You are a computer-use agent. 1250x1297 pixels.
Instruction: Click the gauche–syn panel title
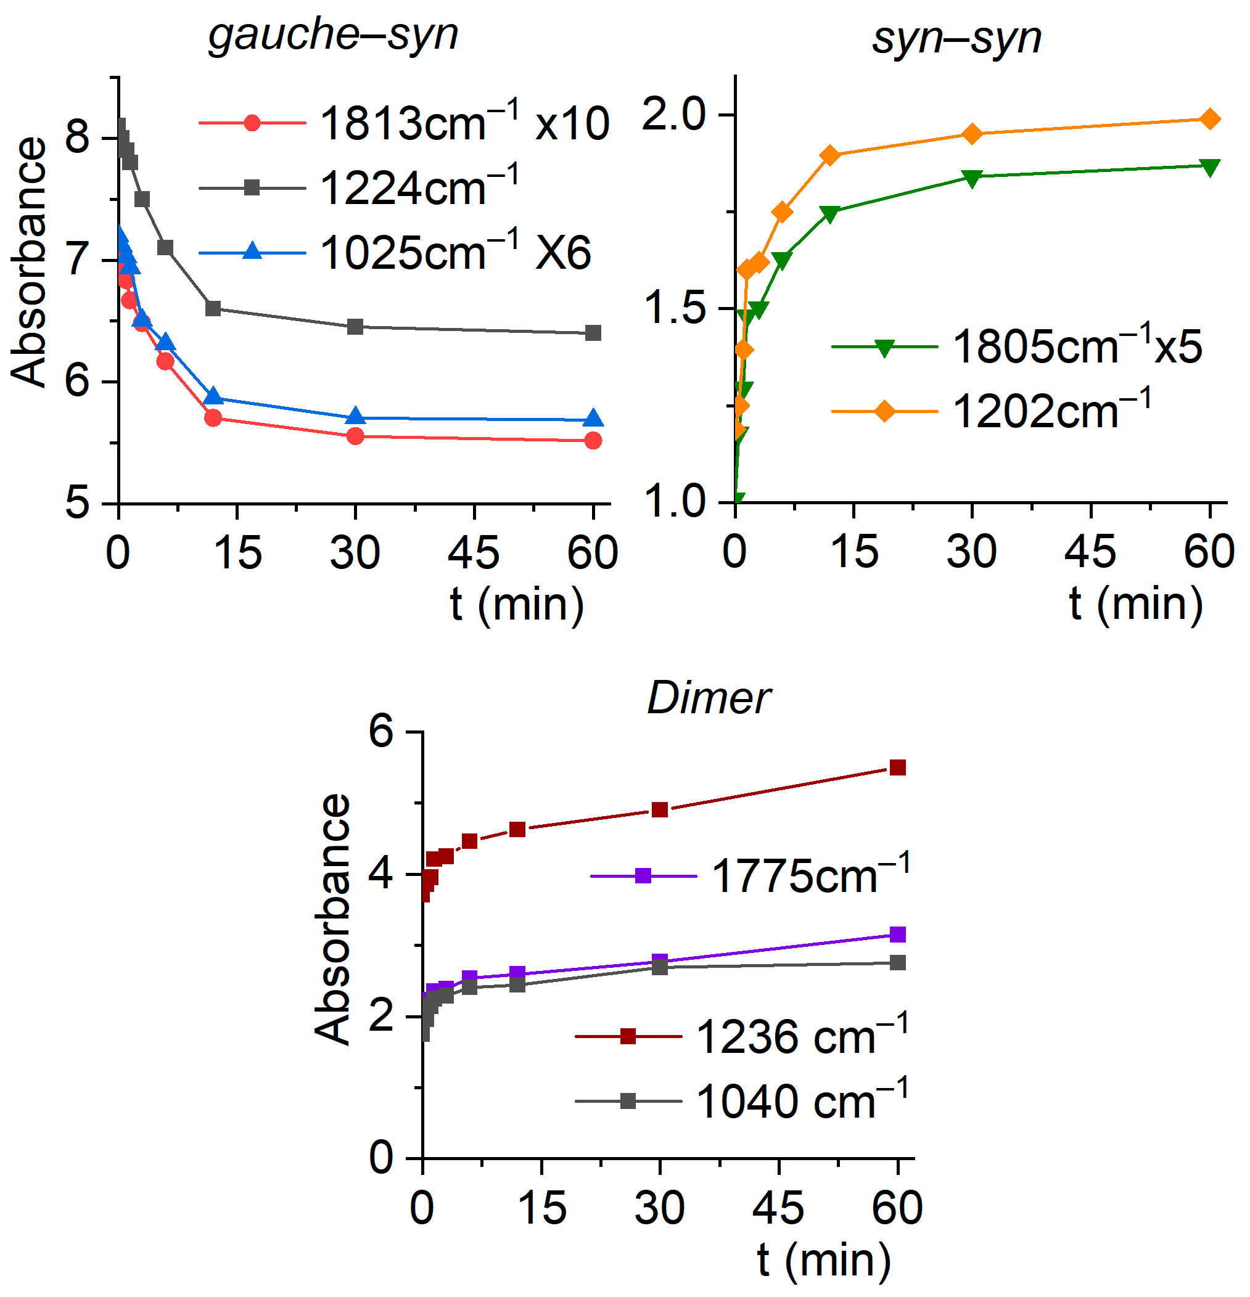tap(333, 35)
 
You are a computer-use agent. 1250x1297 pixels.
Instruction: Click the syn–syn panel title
tap(956, 38)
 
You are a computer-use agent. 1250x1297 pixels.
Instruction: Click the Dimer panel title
tap(709, 698)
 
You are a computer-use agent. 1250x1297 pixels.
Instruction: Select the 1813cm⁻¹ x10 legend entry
tap(404, 123)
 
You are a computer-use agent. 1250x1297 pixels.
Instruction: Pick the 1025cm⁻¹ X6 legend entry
tap(395, 253)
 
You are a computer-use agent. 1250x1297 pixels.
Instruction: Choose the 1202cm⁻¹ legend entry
tap(991, 411)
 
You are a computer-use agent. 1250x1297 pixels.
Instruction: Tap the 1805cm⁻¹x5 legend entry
tap(1016, 346)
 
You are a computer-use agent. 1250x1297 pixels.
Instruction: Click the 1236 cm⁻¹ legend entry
tap(741, 1036)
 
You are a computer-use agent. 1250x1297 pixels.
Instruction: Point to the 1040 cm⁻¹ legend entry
tap(741, 1102)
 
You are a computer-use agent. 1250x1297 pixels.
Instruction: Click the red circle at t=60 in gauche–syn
tap(593, 441)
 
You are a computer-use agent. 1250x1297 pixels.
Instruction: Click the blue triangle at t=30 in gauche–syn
tap(356, 417)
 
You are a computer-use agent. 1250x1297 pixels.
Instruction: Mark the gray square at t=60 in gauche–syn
tap(593, 333)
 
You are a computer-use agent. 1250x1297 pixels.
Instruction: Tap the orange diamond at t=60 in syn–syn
tap(1210, 119)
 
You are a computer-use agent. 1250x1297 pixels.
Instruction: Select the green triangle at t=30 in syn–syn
tap(972, 178)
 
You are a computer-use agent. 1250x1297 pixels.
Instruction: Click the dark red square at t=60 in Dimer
tap(897, 767)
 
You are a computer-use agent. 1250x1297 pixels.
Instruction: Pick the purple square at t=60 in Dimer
tap(897, 935)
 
